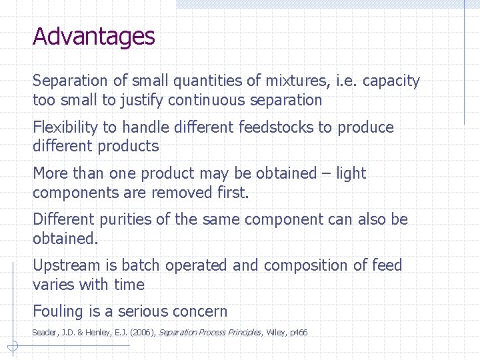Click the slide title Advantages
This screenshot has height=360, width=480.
pos(93,36)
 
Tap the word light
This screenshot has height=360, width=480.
pos(351,173)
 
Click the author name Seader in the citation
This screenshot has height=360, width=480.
pos(45,332)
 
